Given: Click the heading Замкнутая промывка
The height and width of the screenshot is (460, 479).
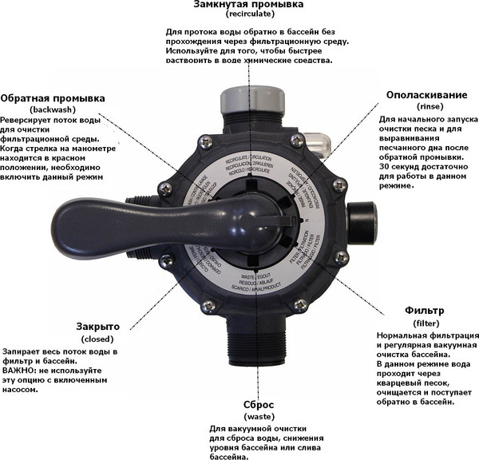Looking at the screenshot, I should pos(249,5).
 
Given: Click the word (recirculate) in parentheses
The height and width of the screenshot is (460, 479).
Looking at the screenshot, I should pos(249,15).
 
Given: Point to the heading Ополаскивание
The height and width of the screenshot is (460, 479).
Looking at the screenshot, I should pos(427,95).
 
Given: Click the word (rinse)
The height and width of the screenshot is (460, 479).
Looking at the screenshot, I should pos(428,105).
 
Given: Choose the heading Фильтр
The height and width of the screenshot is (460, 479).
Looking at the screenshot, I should pos(425,310).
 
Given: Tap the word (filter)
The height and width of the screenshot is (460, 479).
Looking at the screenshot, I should pos(426,322).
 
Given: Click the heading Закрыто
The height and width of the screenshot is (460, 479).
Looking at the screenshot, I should pos(98,327).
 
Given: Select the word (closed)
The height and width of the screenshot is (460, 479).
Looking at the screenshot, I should pos(98,338).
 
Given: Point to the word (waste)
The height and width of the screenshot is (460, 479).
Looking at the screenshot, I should pos(259,416).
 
